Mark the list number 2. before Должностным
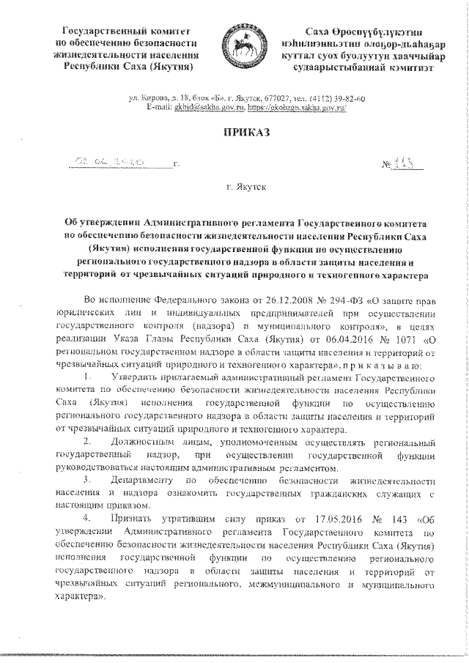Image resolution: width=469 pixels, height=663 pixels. [x=89, y=440]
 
